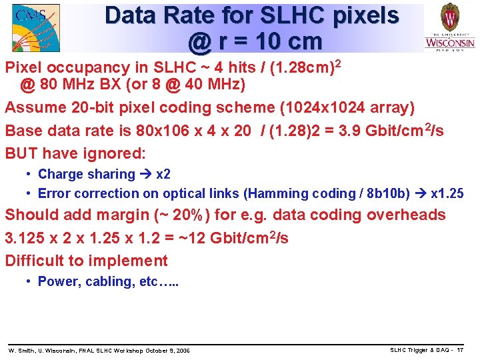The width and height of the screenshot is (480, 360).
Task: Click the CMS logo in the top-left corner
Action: click(35, 27)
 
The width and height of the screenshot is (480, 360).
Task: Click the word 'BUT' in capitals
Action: click(23, 153)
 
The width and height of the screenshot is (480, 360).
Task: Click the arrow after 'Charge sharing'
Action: click(145, 174)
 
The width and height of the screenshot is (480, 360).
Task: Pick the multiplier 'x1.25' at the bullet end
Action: click(447, 193)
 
